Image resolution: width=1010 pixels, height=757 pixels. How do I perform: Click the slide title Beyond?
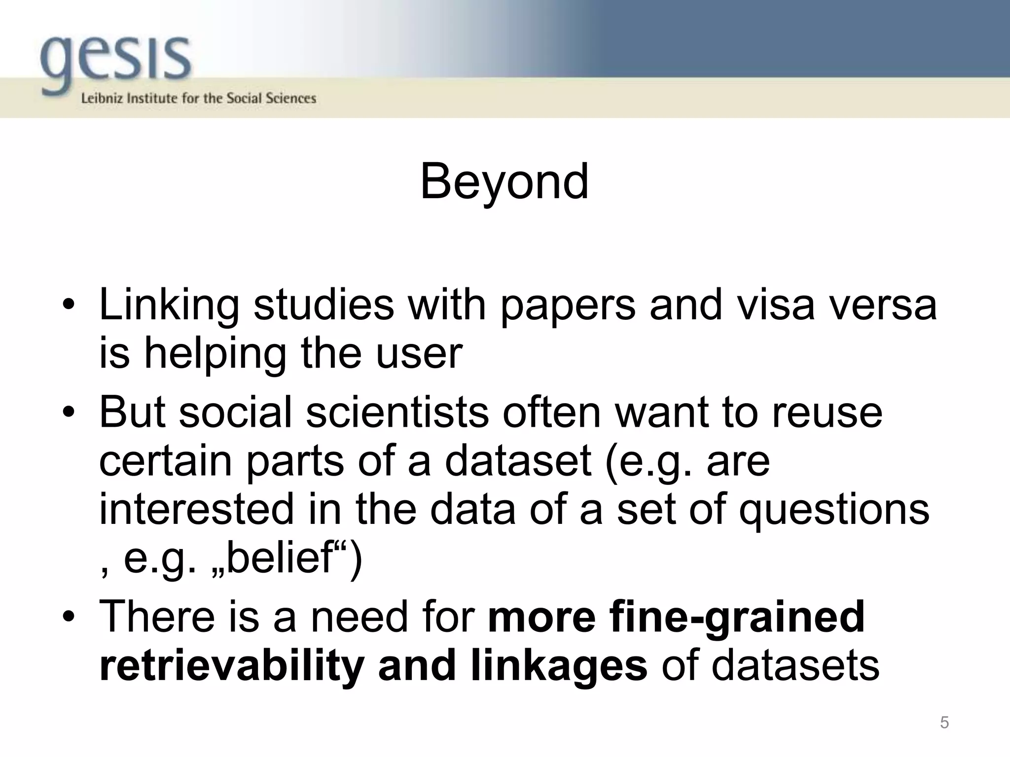504,182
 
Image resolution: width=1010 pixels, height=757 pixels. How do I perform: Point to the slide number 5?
944,723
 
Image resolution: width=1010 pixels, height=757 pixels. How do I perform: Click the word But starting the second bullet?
132,412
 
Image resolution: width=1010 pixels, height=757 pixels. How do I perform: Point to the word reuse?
827,413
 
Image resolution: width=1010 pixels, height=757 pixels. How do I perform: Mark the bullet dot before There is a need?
69,617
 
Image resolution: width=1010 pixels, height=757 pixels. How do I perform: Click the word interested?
196,509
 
